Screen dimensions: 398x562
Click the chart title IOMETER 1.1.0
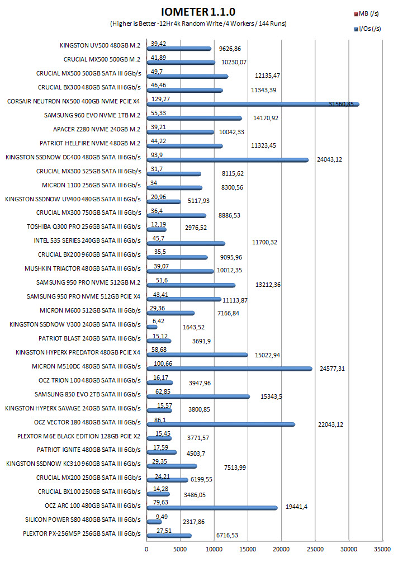pos(198,12)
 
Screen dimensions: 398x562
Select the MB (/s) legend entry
pos(367,13)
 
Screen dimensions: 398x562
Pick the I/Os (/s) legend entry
pos(368,29)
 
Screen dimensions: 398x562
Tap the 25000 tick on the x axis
pos(315,549)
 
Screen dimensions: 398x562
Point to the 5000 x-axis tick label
pos(180,549)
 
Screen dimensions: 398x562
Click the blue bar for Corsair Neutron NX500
pos(253,105)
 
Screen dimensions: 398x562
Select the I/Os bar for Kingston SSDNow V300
pos(152,327)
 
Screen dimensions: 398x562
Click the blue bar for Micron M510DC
pos(229,369)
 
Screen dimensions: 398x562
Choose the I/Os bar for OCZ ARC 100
pos(212,508)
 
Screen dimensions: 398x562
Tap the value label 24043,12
pos(330,159)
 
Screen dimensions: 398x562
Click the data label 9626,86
pos(230,49)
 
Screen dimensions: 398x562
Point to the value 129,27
pos(161,99)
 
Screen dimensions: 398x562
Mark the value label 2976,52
pos(196,228)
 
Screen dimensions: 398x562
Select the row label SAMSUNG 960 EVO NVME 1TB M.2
pos(92,115)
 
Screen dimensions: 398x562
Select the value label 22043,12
pos(331,425)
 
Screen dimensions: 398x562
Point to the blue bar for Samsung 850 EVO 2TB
pos(198,397)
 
